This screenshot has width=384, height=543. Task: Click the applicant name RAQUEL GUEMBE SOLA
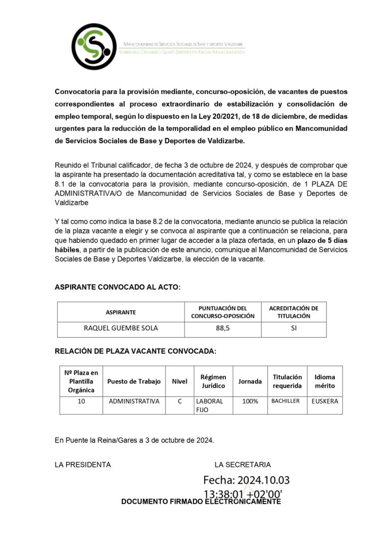[121, 328]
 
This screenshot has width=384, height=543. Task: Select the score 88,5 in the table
[223, 328]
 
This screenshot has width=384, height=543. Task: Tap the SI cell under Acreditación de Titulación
[293, 328]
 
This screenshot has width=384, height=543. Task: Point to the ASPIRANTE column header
[121, 312]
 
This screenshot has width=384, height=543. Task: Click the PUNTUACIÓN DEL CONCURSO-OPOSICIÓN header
[223, 312]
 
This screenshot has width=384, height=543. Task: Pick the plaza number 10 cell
[81, 401]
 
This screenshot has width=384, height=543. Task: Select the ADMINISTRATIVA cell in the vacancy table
[134, 401]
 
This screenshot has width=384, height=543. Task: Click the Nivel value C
[180, 401]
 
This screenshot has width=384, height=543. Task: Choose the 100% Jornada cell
[250, 401]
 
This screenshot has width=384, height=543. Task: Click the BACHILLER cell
[286, 401]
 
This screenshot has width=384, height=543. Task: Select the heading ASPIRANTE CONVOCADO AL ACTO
[118, 287]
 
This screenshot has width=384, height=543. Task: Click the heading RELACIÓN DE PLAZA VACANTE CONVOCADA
[135, 351]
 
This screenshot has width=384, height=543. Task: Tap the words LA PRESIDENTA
[83, 465]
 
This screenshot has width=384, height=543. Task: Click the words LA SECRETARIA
[242, 465]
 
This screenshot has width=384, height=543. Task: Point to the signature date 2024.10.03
[263, 480]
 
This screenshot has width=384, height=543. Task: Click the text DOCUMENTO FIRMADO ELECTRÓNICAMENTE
[201, 502]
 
